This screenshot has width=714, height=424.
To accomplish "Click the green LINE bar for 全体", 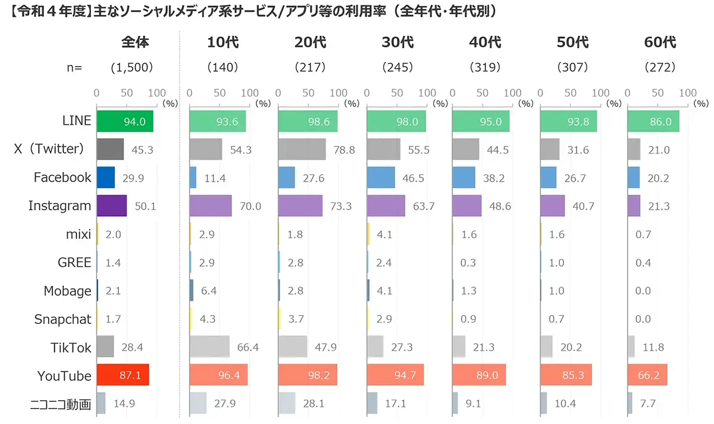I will click(x=124, y=121).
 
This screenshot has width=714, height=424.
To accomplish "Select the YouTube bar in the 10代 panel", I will click(x=218, y=375).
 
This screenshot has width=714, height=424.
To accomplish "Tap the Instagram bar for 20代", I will click(x=300, y=205).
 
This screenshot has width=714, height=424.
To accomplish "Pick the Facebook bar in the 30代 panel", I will click(x=381, y=177).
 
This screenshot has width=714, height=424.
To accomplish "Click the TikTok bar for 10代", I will click(x=209, y=347).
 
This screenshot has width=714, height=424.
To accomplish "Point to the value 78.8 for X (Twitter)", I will click(x=344, y=149).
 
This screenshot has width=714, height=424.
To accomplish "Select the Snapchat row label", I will click(x=62, y=319).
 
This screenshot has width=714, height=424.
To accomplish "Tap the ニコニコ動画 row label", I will click(x=61, y=404).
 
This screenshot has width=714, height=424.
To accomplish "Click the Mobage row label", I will click(x=67, y=291).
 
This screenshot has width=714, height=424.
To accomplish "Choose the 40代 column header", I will click(x=486, y=42).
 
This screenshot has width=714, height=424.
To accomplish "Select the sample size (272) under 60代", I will click(x=660, y=67).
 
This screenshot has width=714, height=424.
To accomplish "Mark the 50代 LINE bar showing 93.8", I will click(x=568, y=121).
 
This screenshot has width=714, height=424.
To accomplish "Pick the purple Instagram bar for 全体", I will click(x=111, y=205).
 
